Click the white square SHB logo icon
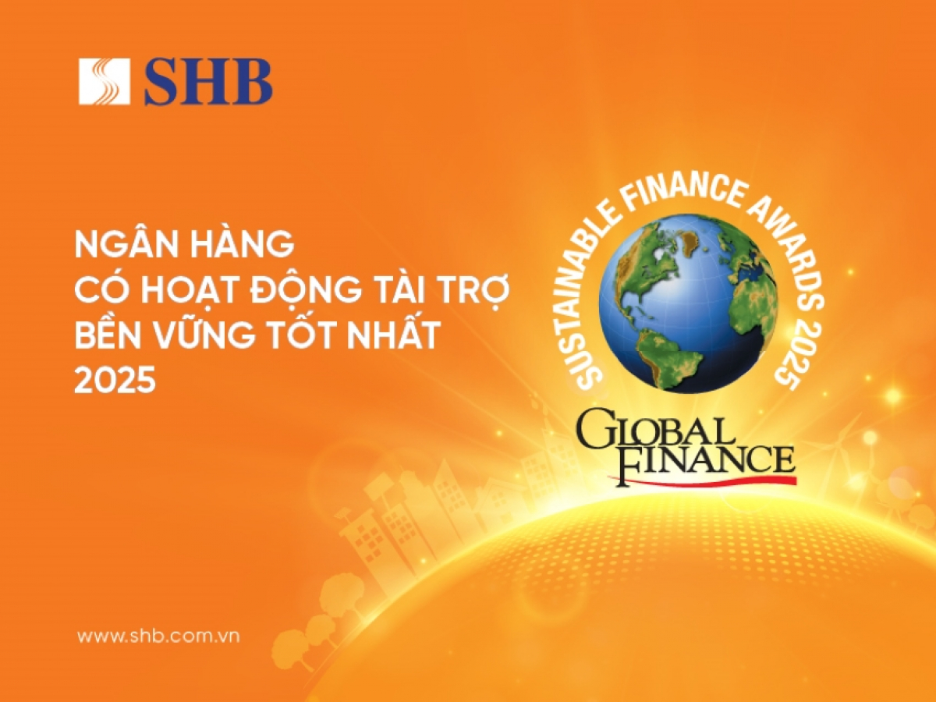(x=104, y=81)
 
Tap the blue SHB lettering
(x=208, y=82)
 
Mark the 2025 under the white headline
(x=115, y=380)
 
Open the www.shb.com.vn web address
(x=158, y=636)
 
